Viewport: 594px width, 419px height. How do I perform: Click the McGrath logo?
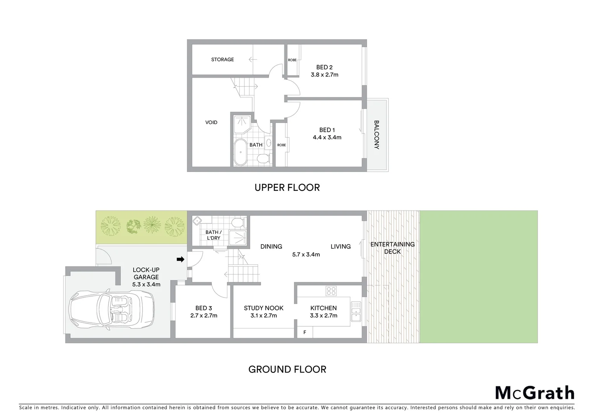[535, 393]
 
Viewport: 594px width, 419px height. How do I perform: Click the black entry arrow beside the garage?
[180, 259]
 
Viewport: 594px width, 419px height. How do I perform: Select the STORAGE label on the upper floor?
[222, 59]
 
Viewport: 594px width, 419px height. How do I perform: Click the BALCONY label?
[376, 135]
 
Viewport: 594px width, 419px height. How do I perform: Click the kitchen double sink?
[356, 312]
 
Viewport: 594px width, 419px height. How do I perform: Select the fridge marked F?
[305, 332]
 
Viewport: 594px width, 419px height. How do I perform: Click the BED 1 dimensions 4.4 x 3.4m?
[327, 137]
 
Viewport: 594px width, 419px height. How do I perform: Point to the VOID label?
[211, 122]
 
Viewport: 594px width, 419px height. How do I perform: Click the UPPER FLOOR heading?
[287, 187]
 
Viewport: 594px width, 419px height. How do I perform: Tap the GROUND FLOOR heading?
[287, 369]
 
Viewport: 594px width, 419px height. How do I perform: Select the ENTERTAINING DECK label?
[392, 248]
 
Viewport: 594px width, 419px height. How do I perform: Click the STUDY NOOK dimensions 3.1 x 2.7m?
[263, 315]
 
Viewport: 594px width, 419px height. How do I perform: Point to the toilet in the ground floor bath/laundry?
[237, 222]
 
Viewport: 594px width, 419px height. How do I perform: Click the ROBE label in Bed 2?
[292, 60]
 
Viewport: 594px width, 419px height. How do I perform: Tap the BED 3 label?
[204, 308]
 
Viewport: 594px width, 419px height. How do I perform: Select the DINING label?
[271, 246]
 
